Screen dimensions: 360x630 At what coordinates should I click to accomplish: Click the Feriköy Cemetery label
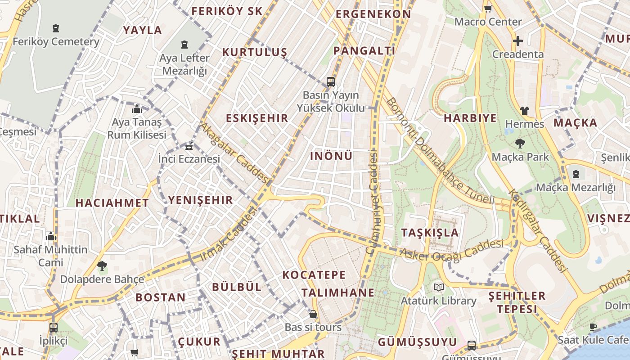(x=56, y=42)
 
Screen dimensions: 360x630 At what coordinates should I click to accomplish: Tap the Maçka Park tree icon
(x=520, y=144)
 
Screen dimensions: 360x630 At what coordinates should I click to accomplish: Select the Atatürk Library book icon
(x=438, y=287)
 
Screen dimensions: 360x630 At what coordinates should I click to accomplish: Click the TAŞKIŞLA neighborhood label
(x=430, y=233)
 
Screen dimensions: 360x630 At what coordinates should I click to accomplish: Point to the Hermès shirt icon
(x=524, y=110)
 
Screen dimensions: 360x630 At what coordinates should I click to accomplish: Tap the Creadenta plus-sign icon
(x=517, y=41)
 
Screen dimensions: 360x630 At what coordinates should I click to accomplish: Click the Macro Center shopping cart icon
(x=488, y=9)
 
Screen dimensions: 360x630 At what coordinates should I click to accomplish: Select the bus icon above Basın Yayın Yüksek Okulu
(x=331, y=81)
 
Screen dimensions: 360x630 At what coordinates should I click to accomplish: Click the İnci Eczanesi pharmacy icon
(x=189, y=146)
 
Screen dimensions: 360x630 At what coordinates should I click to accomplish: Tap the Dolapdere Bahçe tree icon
(x=102, y=265)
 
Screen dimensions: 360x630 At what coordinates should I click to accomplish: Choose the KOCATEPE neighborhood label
(x=314, y=274)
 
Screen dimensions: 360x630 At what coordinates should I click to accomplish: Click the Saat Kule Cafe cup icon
(x=593, y=326)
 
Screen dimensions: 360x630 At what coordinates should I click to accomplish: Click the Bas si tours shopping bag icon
(x=313, y=314)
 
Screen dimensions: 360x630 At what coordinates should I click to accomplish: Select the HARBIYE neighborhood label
(x=470, y=118)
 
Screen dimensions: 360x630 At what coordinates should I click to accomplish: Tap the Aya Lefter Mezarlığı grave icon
(x=184, y=45)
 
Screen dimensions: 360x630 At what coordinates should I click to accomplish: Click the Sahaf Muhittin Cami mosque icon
(x=50, y=236)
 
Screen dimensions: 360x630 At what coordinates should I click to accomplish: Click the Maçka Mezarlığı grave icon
(x=576, y=174)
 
